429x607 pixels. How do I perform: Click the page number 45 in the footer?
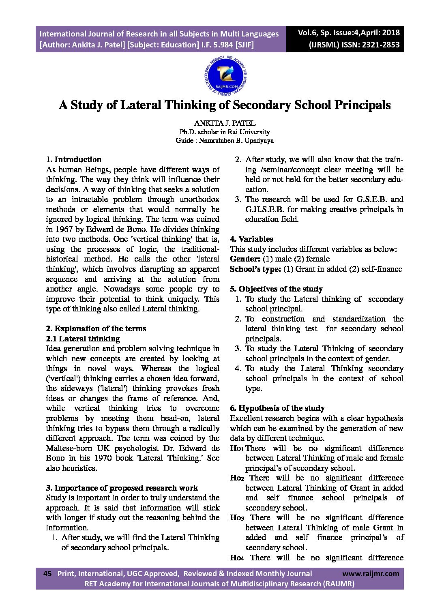coord(47,573)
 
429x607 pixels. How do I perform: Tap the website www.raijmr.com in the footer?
coord(371,573)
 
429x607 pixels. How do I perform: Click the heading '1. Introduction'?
coord(73,159)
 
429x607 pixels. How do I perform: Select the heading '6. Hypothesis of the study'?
coord(277,408)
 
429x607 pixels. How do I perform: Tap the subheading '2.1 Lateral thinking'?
coord(83,339)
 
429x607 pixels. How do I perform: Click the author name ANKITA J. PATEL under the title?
coord(225,123)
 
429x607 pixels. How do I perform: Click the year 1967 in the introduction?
coord(63,229)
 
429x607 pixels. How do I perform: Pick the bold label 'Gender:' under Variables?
coord(245,259)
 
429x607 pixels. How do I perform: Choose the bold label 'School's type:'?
coord(255,269)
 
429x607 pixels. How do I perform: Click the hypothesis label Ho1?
coord(236,448)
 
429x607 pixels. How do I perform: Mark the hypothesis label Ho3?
coord(237,518)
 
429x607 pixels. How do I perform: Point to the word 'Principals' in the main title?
coord(362,105)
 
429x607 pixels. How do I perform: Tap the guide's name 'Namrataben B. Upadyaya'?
coord(236,141)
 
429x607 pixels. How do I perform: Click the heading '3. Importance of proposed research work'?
coord(122,488)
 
